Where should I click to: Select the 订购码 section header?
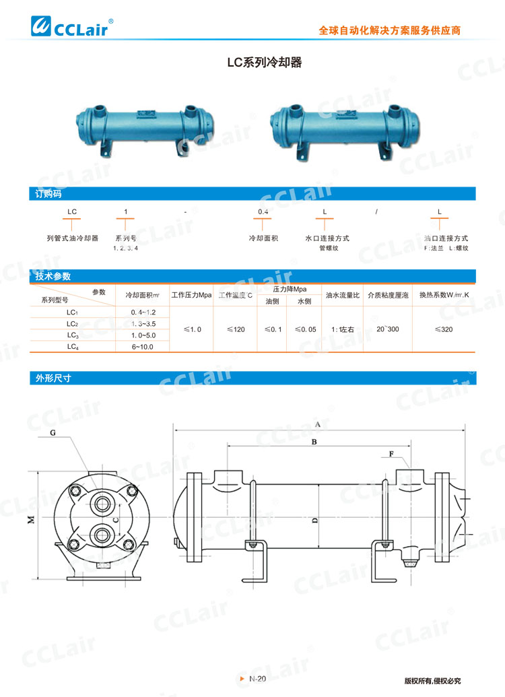click(x=48, y=194)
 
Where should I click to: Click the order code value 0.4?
click(x=263, y=212)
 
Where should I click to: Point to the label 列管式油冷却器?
click(x=72, y=238)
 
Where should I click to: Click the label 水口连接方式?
click(x=327, y=238)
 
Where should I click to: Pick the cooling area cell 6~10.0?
click(x=143, y=347)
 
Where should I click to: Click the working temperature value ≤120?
click(x=236, y=329)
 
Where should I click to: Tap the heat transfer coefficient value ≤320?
click(x=444, y=329)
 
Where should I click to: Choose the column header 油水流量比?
click(x=343, y=295)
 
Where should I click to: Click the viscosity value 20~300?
click(x=388, y=329)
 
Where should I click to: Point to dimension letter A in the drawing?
click(x=316, y=424)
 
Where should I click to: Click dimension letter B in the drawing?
click(x=314, y=442)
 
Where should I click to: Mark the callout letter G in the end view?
click(x=53, y=433)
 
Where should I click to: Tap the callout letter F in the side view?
click(x=391, y=454)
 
